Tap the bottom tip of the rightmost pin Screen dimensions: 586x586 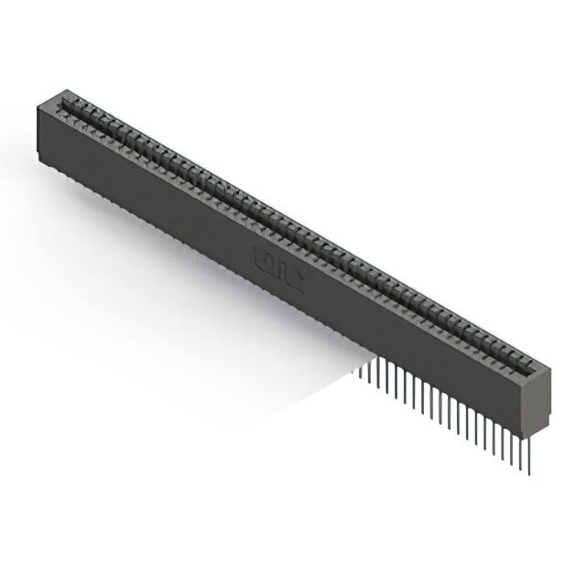pos(528,472)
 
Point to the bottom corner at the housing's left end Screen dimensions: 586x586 pos(39,162)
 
